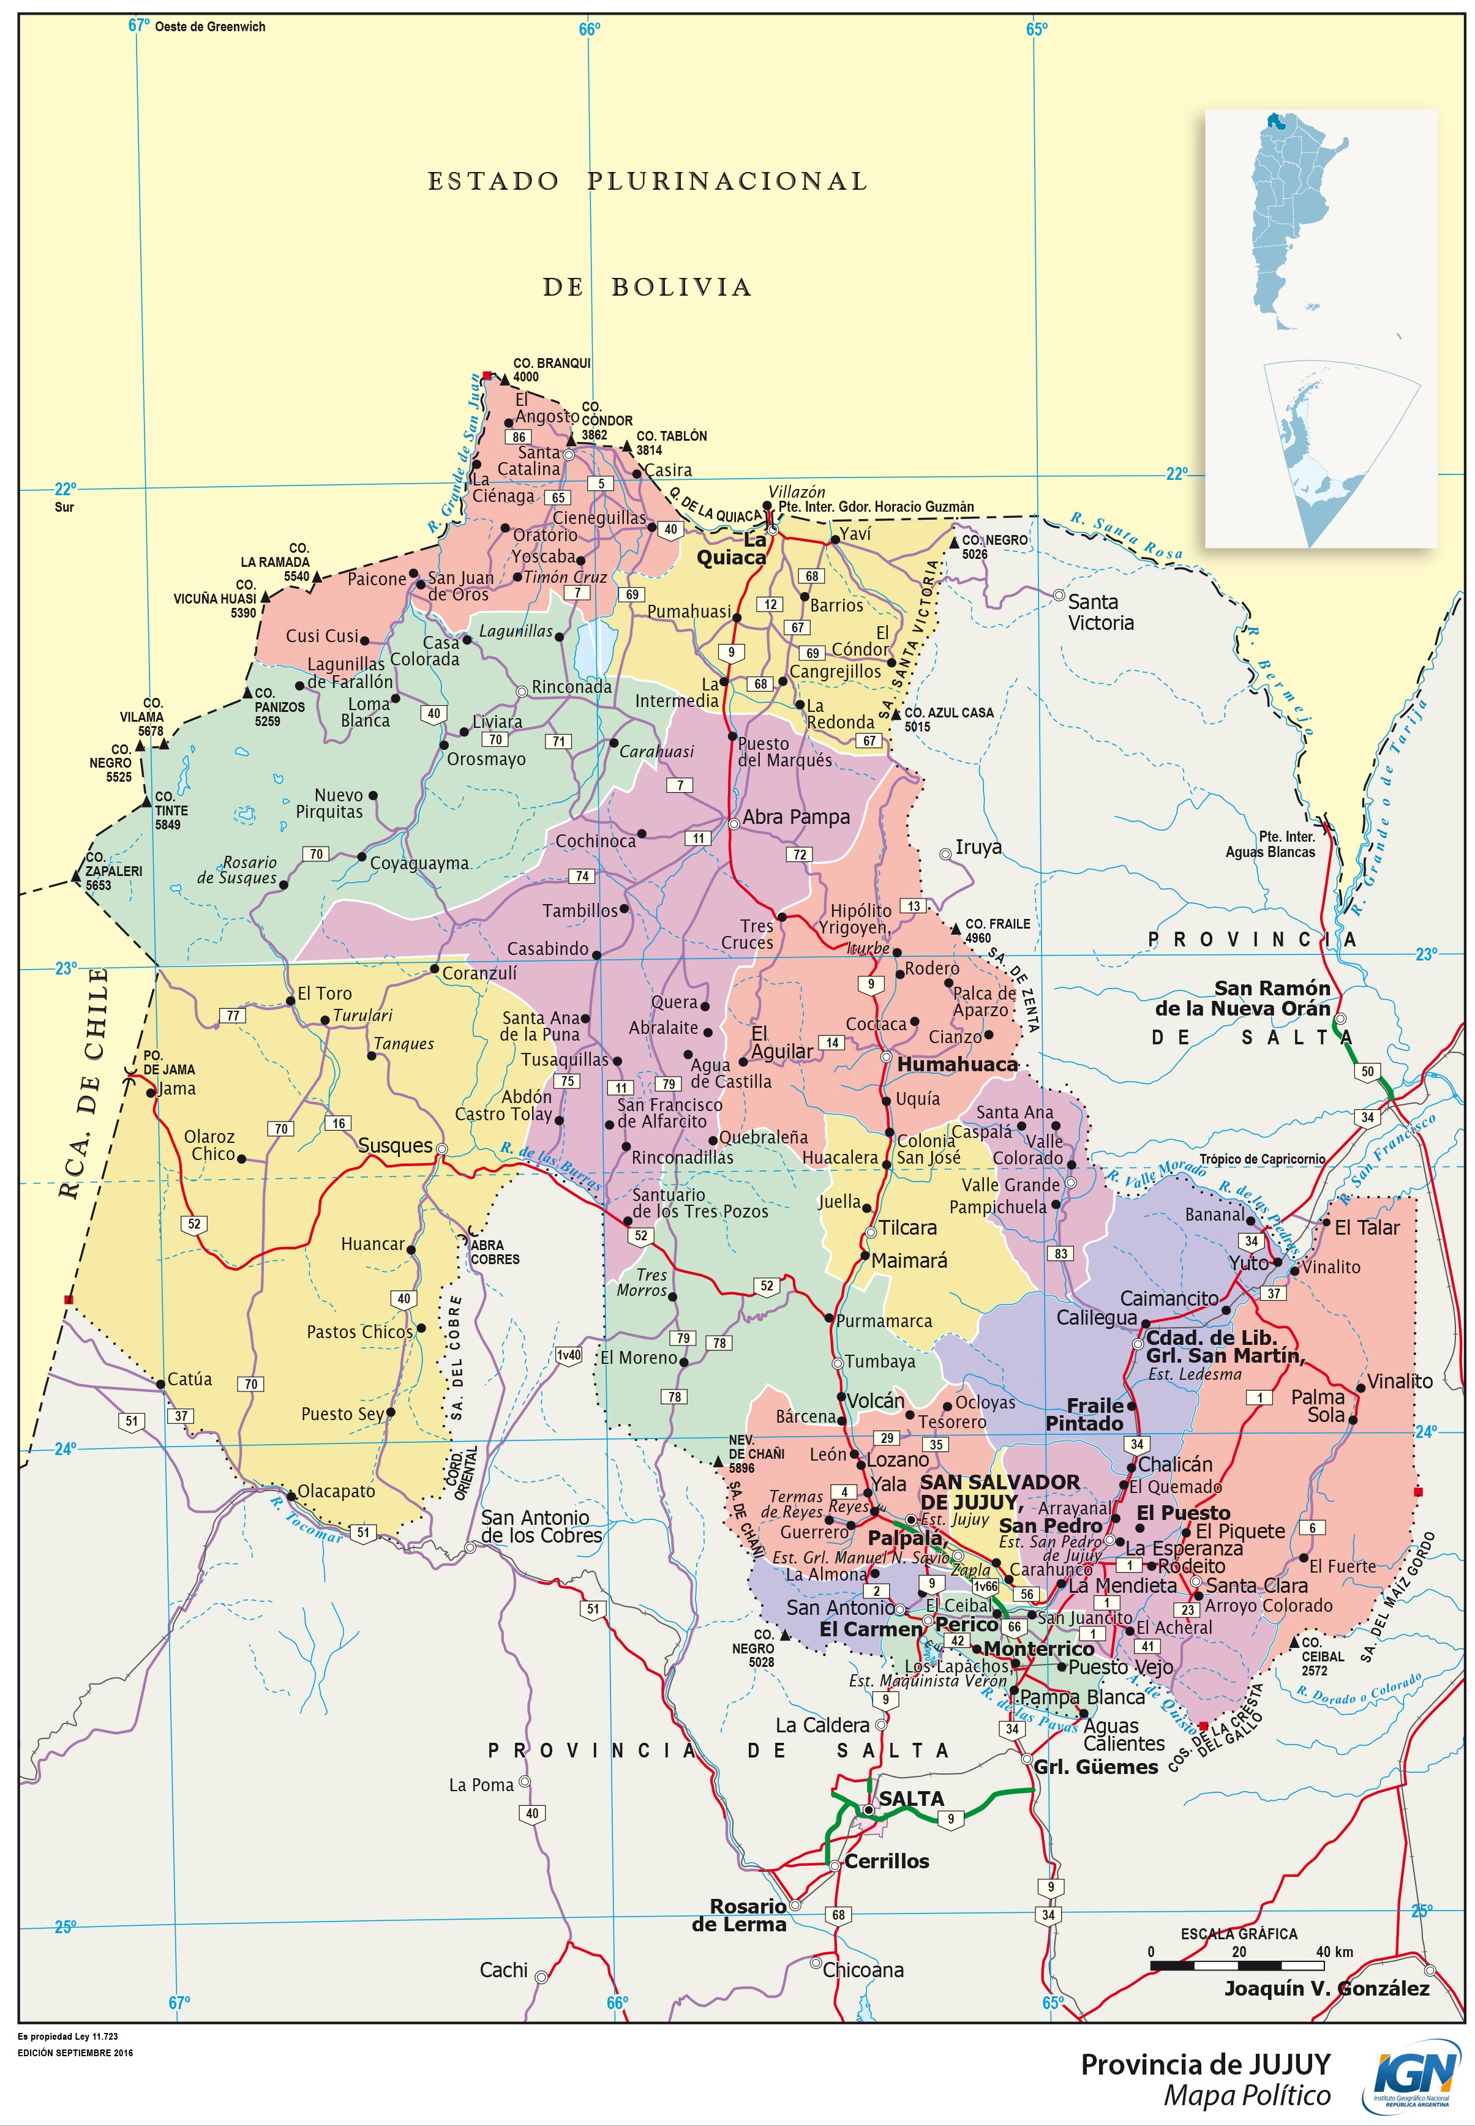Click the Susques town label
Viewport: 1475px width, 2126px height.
pyautogui.click(x=395, y=1146)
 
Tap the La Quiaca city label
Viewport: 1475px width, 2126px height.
pyautogui.click(x=731, y=549)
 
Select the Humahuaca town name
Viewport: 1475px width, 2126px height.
pyautogui.click(x=958, y=1065)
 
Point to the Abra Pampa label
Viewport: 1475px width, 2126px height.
pyautogui.click(x=796, y=817)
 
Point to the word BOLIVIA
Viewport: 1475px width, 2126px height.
pyautogui.click(x=681, y=287)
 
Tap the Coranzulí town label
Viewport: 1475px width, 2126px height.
pyautogui.click(x=479, y=973)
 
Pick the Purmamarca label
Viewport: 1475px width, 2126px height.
pyautogui.click(x=884, y=1321)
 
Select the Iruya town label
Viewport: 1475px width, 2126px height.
pyautogui.click(x=978, y=847)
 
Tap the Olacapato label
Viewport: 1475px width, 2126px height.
pyautogui.click(x=336, y=1491)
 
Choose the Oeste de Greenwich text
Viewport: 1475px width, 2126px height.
pyautogui.click(x=210, y=27)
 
